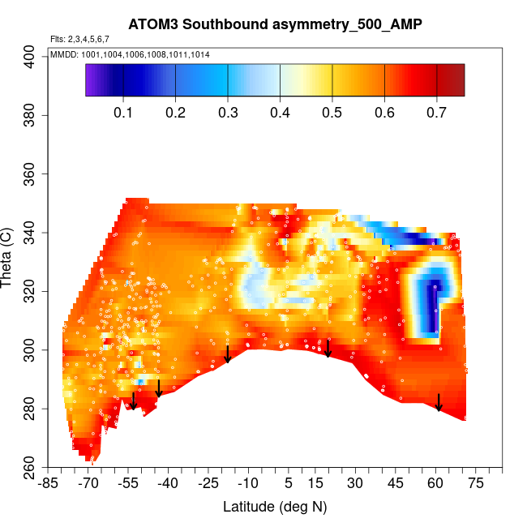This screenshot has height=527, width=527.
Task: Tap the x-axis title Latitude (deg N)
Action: (x=275, y=507)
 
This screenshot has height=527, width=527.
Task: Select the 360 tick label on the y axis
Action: (x=32, y=174)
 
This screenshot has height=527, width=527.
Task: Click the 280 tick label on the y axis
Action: (x=32, y=409)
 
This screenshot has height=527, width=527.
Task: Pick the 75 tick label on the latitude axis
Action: (x=475, y=483)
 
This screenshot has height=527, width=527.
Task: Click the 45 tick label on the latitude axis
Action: (x=395, y=483)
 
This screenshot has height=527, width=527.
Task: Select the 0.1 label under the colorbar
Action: (x=123, y=112)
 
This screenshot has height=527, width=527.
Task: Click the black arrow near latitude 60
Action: (x=439, y=402)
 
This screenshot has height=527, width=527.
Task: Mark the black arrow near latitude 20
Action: (x=328, y=348)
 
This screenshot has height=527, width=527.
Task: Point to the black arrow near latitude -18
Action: (x=228, y=353)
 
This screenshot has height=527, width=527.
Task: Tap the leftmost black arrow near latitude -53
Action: (x=134, y=401)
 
